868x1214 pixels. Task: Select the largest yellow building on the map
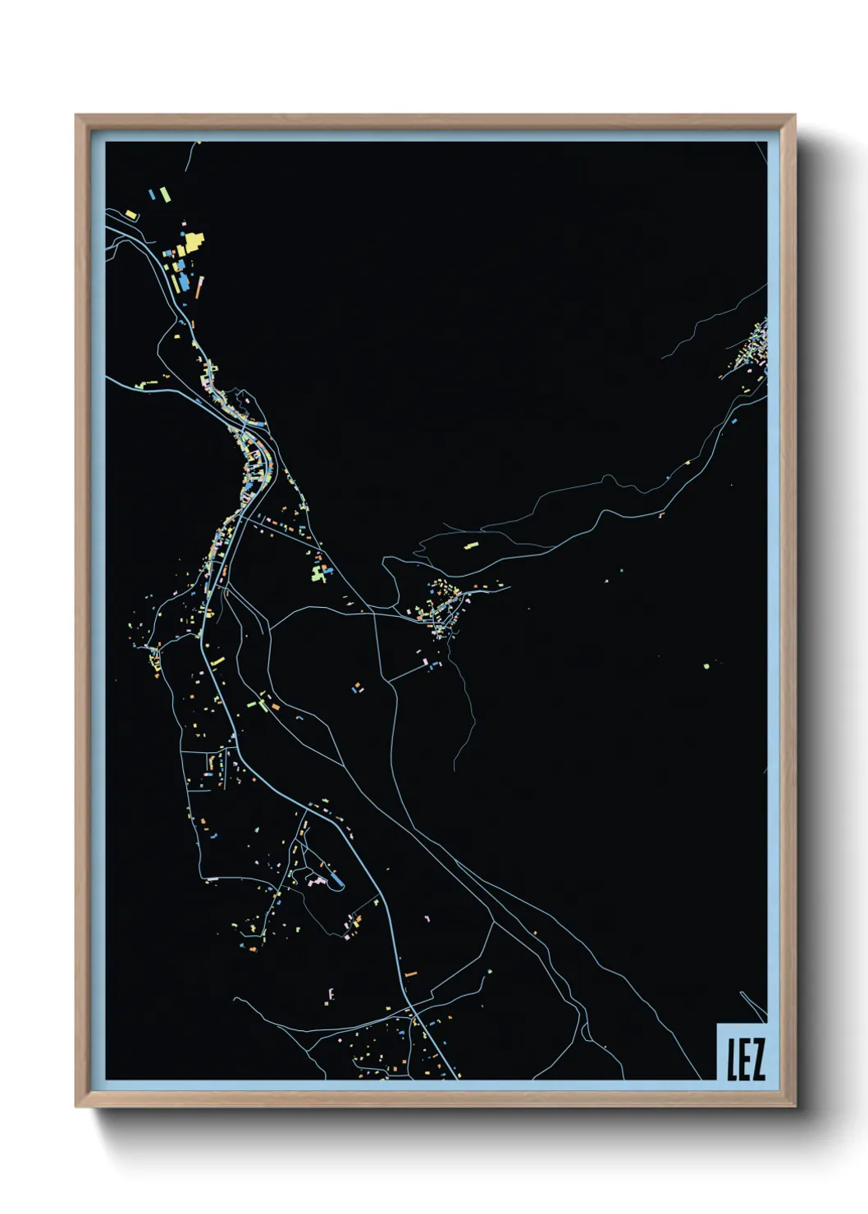tap(192, 244)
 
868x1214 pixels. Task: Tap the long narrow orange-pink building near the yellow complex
tap(199, 287)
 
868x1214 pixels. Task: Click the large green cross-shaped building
tap(320, 572)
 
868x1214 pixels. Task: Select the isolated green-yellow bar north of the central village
tap(470, 544)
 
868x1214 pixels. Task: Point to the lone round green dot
tap(706, 665)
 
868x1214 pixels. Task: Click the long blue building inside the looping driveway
tap(335, 882)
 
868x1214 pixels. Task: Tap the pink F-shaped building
tap(331, 994)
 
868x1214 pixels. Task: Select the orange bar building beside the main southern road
tap(411, 973)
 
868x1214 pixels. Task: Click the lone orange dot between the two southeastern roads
tap(535, 931)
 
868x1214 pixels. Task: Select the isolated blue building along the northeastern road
tap(734, 421)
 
